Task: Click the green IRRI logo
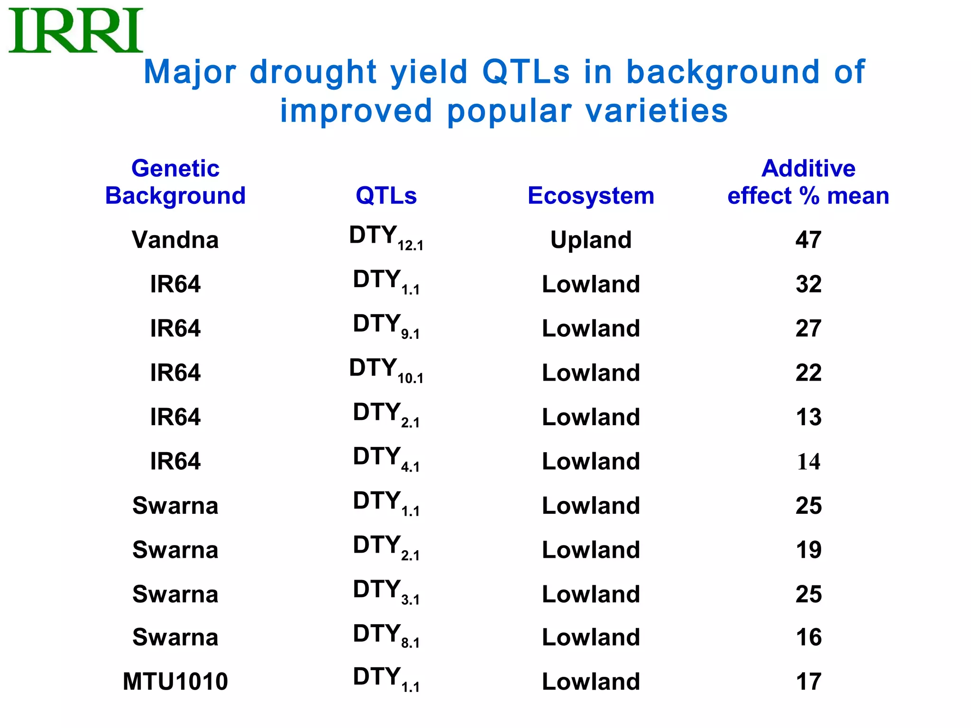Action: tap(76, 30)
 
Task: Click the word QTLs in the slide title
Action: tap(526, 72)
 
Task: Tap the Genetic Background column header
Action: tap(175, 182)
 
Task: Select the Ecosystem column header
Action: tap(591, 196)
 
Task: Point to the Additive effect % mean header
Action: tap(808, 182)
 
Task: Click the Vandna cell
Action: tap(175, 240)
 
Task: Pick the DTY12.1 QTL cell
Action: tap(386, 237)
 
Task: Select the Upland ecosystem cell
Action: tap(591, 240)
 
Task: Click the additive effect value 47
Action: tap(808, 240)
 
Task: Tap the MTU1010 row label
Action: tap(175, 682)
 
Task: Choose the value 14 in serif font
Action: tap(808, 462)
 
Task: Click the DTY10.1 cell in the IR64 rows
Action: tap(386, 370)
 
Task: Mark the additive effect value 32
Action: tap(808, 284)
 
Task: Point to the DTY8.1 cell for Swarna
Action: tap(386, 636)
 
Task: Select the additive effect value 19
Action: tap(808, 550)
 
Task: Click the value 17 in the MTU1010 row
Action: tap(808, 682)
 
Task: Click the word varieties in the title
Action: tap(656, 111)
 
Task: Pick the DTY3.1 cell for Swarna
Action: tap(386, 592)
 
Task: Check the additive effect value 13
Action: tap(808, 417)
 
